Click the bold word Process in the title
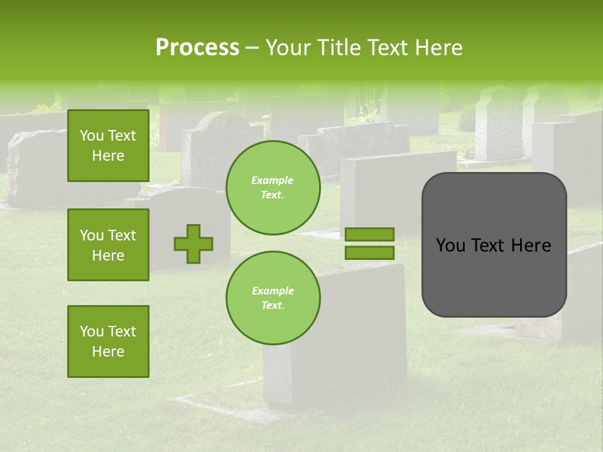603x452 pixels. pyautogui.click(x=197, y=48)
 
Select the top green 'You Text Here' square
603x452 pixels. pyautogui.click(x=108, y=146)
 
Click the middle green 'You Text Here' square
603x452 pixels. pyautogui.click(x=108, y=245)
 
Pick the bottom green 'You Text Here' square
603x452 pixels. pyautogui.click(x=108, y=342)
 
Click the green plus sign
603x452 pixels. pyautogui.click(x=193, y=244)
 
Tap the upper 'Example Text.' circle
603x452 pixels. pyautogui.click(x=273, y=187)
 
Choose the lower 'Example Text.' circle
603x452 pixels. pyautogui.click(x=273, y=298)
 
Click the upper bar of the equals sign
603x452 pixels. pyautogui.click(x=369, y=234)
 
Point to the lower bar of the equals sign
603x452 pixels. pyautogui.click(x=369, y=252)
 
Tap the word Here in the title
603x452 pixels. pyautogui.click(x=437, y=48)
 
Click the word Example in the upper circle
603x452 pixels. pyautogui.click(x=273, y=180)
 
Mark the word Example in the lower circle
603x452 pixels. pyautogui.click(x=273, y=291)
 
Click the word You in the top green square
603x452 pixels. pyautogui.click(x=91, y=136)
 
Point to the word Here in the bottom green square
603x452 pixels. pyautogui.click(x=108, y=352)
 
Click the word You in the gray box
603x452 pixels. pyautogui.click(x=450, y=245)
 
